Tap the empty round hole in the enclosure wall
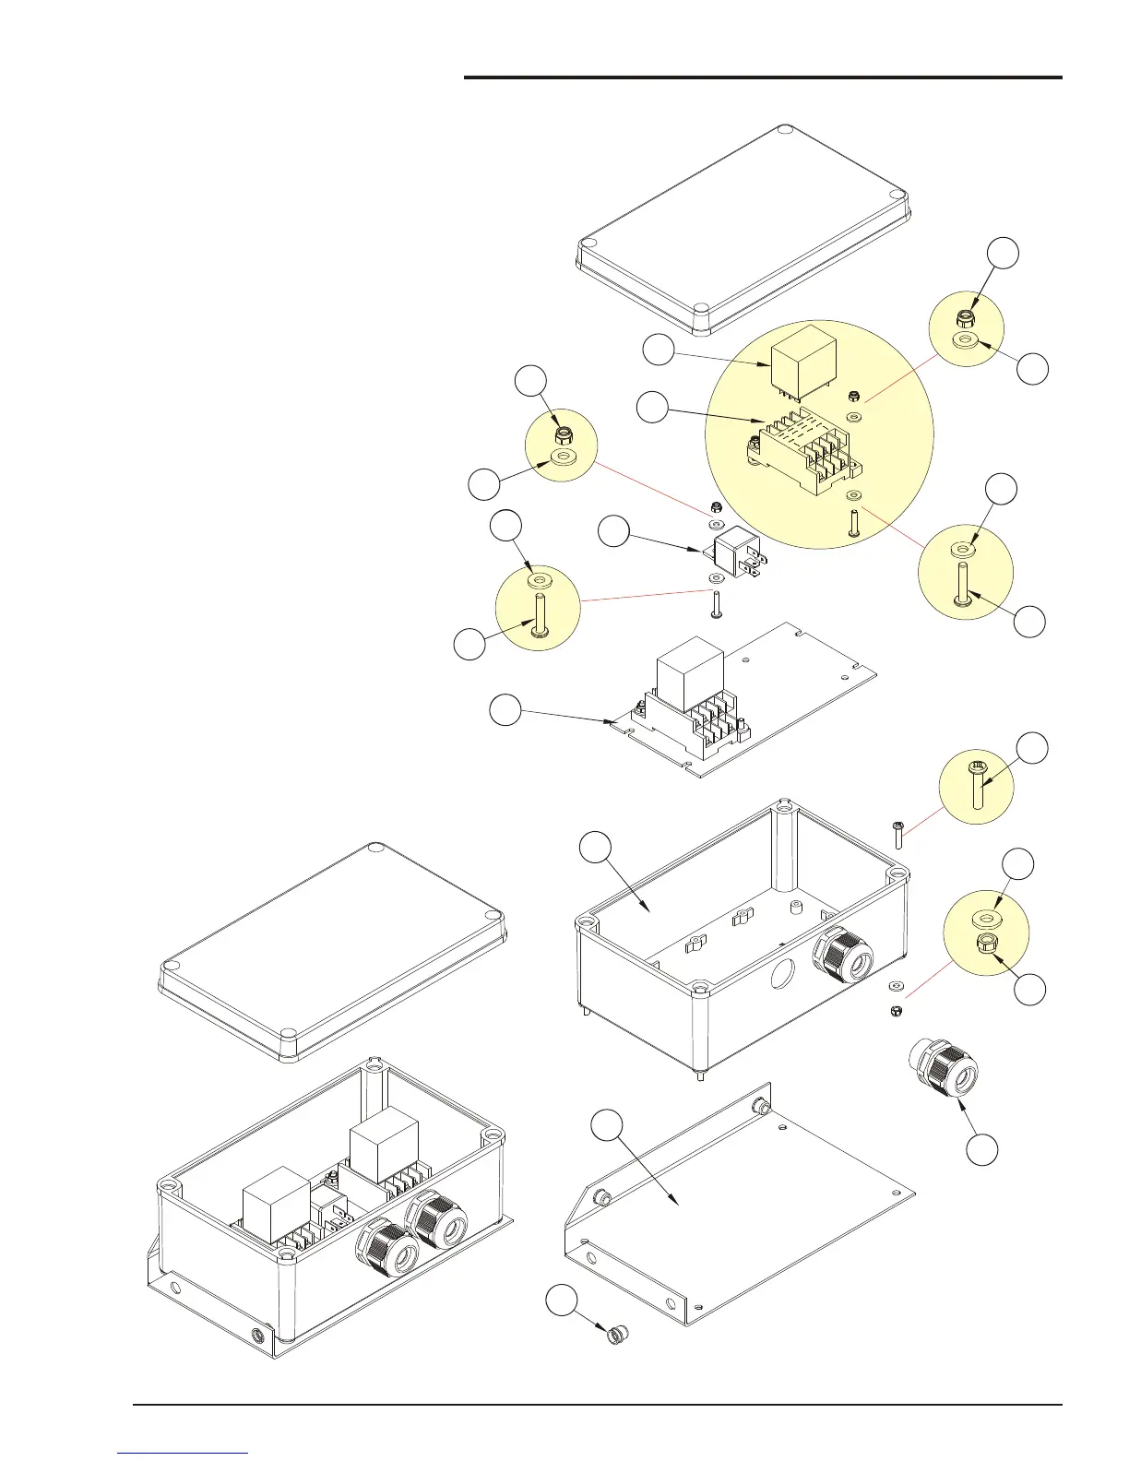click(784, 972)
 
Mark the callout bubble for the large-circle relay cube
click(659, 351)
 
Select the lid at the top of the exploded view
click(743, 229)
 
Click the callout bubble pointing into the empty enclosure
click(596, 849)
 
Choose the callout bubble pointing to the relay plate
click(505, 711)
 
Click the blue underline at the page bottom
click(184, 1453)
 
